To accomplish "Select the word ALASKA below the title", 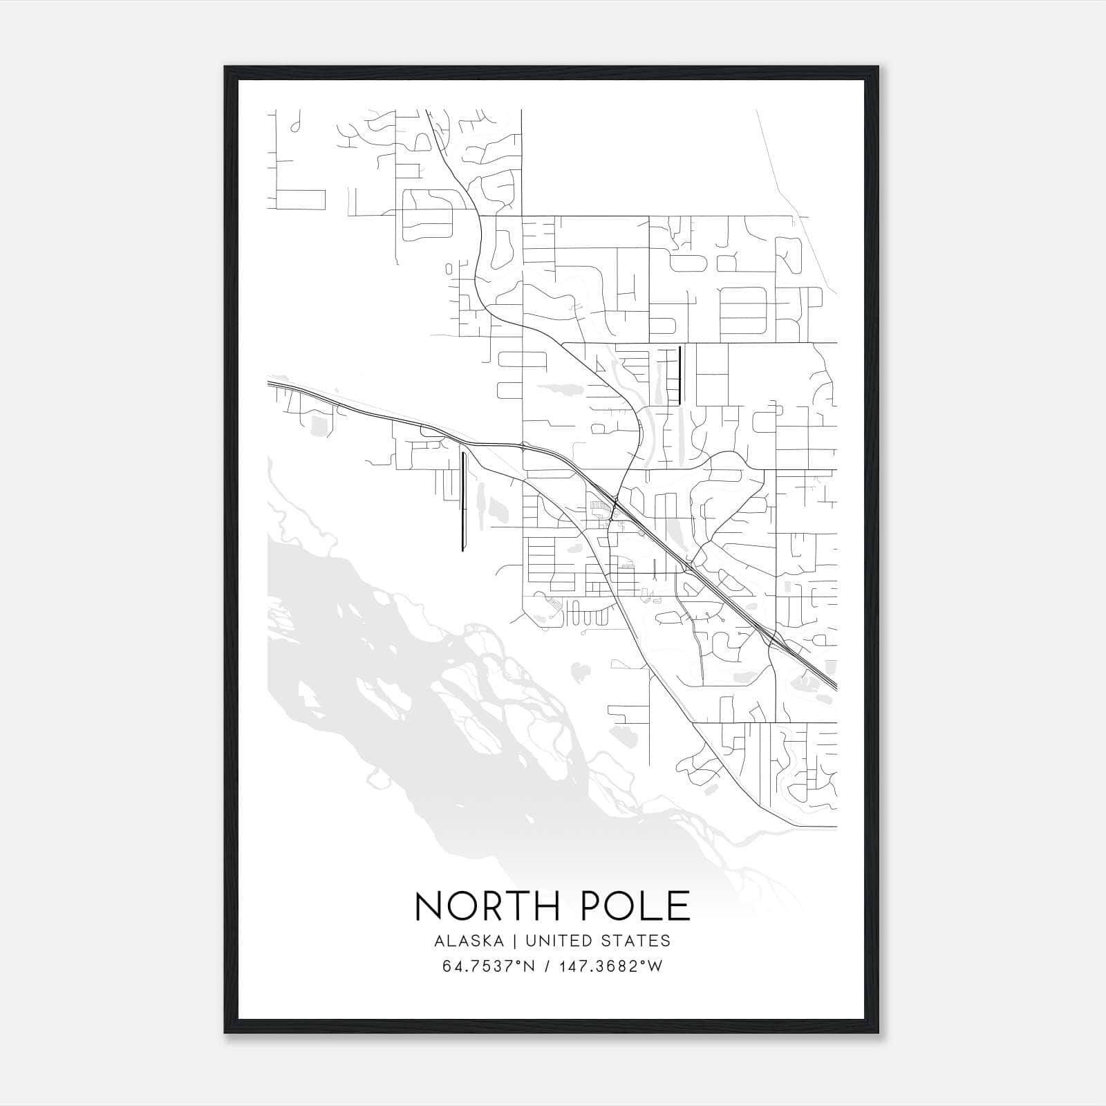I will point(474,941).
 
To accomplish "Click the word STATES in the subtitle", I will point(637,941).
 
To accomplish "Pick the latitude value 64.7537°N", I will point(488,966).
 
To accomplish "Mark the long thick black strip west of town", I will point(462,501).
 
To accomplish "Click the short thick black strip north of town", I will point(680,375).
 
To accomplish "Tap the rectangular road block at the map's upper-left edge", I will point(301,199).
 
